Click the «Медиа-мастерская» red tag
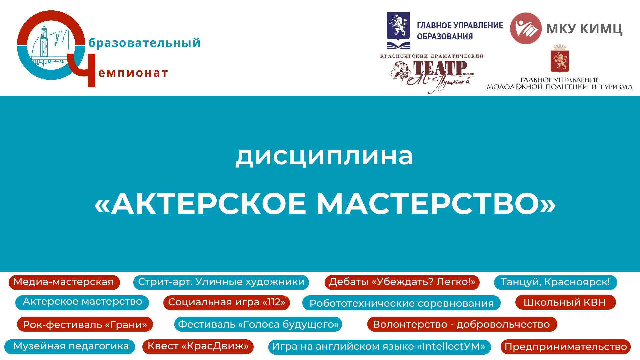click(64, 282)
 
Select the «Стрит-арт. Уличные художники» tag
click(221, 282)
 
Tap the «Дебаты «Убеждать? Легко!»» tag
click(402, 282)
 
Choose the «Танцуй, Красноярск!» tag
click(555, 282)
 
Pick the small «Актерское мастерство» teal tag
click(82, 302)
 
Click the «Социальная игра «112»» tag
click(227, 302)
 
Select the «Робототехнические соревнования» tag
click(401, 303)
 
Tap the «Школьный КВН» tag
click(565, 302)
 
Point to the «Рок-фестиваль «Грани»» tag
click(85, 324)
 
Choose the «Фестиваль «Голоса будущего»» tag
click(258, 324)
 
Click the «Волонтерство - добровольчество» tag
click(462, 324)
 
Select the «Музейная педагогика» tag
click(70, 347)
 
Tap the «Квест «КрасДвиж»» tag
click(198, 347)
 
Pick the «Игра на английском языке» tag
click(379, 347)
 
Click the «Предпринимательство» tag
click(566, 347)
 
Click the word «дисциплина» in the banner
click(324, 156)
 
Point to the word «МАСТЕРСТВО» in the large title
click(436, 203)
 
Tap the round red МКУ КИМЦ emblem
click(526, 28)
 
